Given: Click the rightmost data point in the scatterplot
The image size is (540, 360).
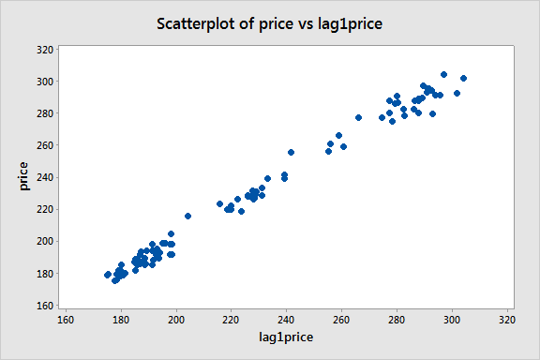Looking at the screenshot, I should click(x=463, y=78).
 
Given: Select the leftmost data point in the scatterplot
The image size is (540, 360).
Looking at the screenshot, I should click(x=108, y=275).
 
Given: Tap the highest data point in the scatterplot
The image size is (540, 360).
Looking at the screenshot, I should click(x=443, y=74).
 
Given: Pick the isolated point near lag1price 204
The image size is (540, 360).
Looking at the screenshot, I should click(x=187, y=216).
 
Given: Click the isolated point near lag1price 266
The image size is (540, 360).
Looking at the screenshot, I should click(x=358, y=117).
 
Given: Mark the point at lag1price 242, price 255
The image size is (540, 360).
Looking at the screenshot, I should click(x=291, y=152).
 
